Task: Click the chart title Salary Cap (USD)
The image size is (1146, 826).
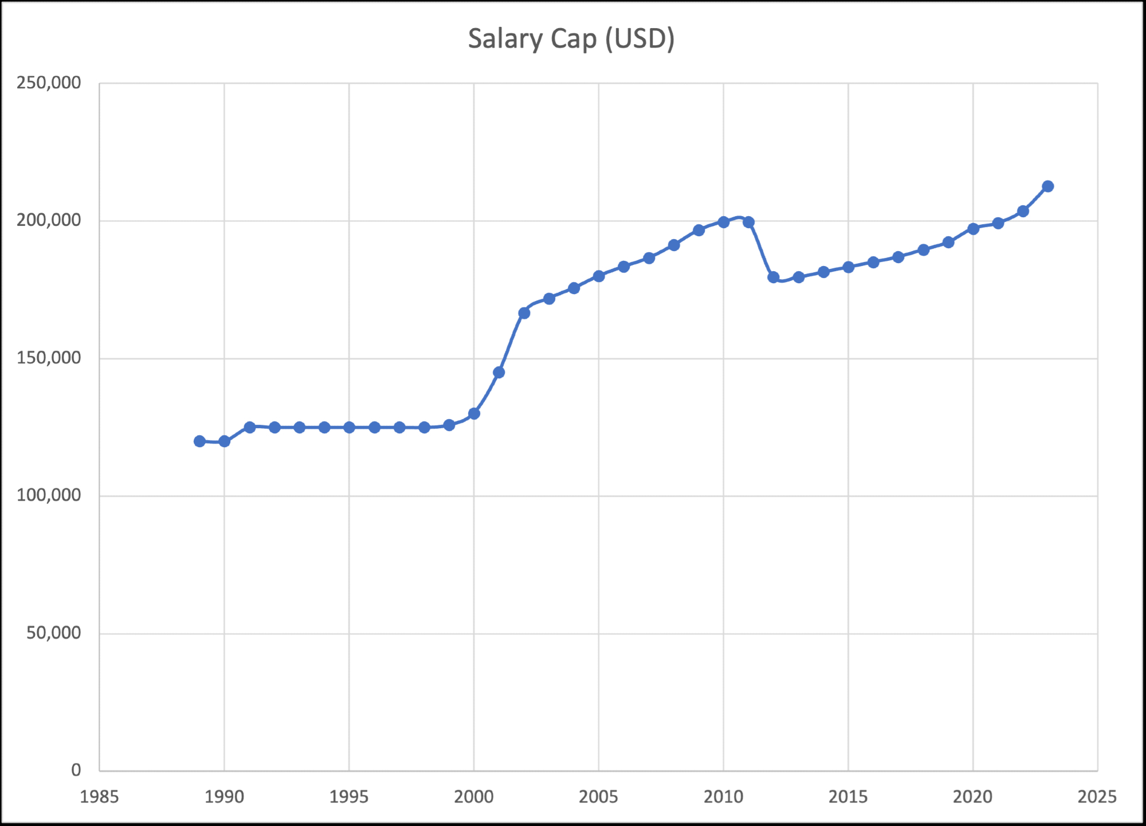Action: pos(571,39)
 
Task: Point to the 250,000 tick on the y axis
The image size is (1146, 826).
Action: pos(49,83)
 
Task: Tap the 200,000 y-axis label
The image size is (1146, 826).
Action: pos(49,220)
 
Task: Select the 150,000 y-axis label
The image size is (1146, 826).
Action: pos(49,358)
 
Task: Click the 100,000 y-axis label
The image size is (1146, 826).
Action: pos(49,495)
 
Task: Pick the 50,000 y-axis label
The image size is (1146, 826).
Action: pos(54,633)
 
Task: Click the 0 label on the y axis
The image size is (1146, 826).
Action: pos(76,770)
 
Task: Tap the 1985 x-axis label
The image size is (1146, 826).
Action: pos(99,797)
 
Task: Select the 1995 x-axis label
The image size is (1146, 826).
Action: pos(349,797)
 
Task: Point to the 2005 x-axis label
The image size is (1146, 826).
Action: pos(598,797)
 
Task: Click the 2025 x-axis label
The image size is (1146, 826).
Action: pos(1097,797)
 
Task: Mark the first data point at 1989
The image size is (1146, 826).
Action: pos(199,441)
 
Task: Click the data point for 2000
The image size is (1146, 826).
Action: pos(474,413)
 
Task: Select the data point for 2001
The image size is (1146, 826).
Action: pos(499,373)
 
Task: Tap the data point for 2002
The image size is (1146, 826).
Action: pos(524,313)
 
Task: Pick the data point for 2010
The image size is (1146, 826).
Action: pos(723,222)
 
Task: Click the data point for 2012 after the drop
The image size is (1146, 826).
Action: pos(774,277)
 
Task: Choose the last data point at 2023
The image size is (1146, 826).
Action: pos(1048,186)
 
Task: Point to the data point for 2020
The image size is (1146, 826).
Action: pos(973,229)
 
